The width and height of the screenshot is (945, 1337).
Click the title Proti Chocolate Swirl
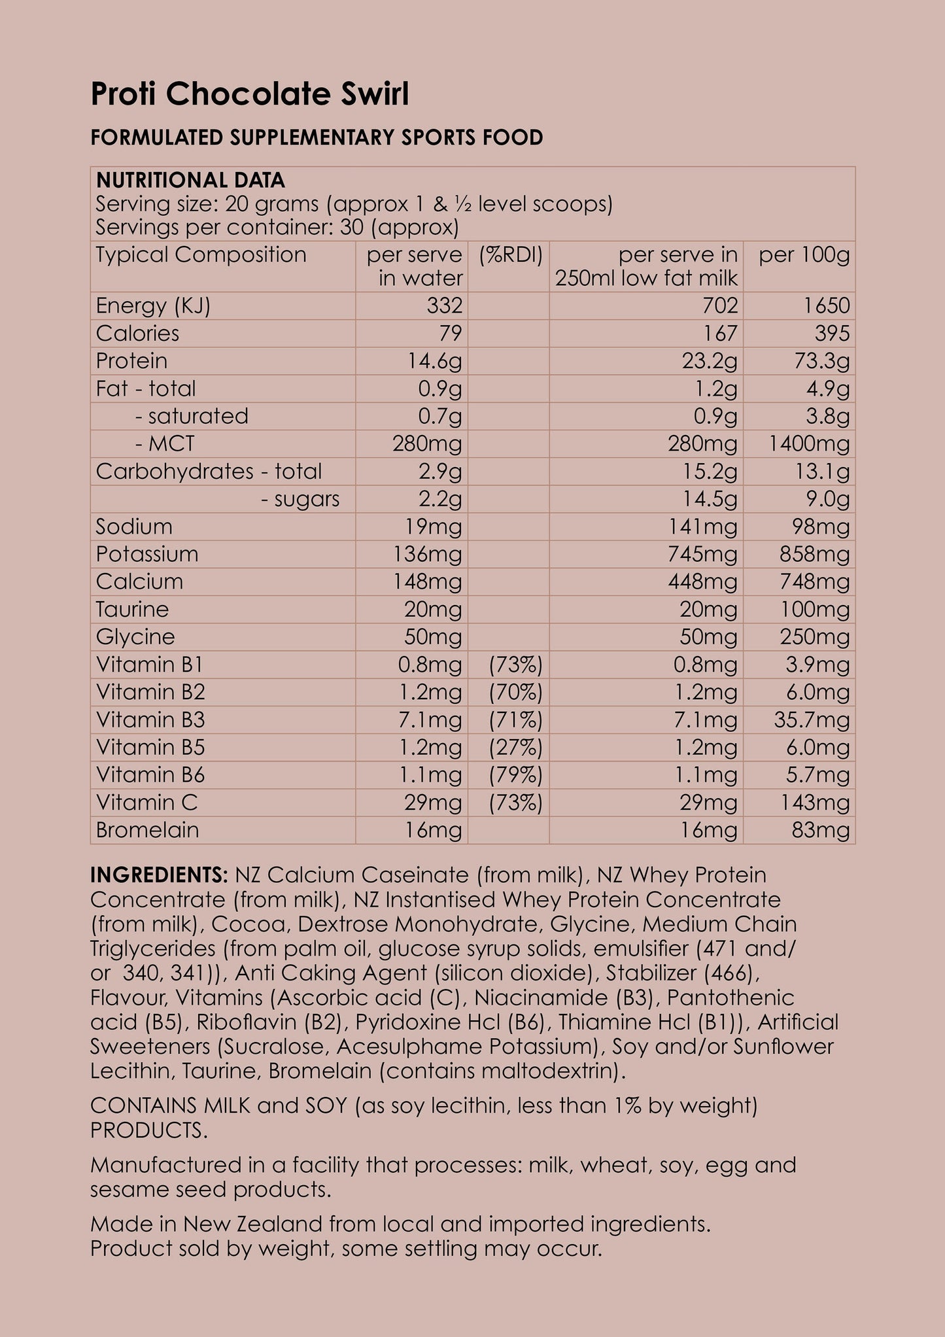pos(249,94)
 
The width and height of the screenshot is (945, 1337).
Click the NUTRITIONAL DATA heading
pos(190,180)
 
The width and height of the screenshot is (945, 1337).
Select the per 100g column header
pos(804,255)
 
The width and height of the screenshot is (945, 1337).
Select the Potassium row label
pos(146,554)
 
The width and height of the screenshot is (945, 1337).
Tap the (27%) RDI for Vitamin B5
pos(515,747)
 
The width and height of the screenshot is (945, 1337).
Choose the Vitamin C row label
pos(146,802)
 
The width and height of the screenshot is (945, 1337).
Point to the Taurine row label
pos(132,609)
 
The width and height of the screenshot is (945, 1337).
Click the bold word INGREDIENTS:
pos(159,875)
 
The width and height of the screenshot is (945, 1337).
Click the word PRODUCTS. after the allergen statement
pos(148,1130)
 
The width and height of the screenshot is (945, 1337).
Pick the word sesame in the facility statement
pos(125,1189)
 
